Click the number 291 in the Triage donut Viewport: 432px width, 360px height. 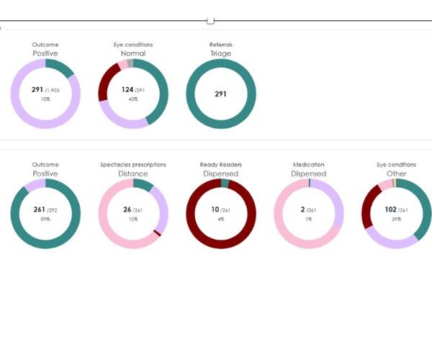(221, 94)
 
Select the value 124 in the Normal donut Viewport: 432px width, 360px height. (128, 90)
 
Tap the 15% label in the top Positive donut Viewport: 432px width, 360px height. (45, 99)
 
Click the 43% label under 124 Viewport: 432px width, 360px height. (133, 99)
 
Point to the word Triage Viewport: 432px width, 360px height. (221, 53)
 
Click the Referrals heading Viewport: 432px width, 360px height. (221, 45)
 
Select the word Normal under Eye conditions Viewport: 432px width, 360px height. (133, 53)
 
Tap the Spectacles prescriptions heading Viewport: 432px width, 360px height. (133, 165)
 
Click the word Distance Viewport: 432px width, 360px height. (133, 174)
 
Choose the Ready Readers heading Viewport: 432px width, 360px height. (221, 165)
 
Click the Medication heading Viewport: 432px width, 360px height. (309, 165)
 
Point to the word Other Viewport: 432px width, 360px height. (397, 174)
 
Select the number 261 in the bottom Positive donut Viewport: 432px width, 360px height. (40, 210)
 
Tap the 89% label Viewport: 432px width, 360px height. (45, 220)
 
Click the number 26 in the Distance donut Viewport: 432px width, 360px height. (128, 210)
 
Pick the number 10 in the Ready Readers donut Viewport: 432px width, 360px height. (216, 210)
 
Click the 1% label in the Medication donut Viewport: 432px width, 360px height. (309, 220)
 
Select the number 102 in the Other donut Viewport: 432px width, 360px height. (392, 210)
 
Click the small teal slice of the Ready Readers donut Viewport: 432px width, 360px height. (225, 184)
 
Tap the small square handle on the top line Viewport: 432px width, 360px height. (210, 21)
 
